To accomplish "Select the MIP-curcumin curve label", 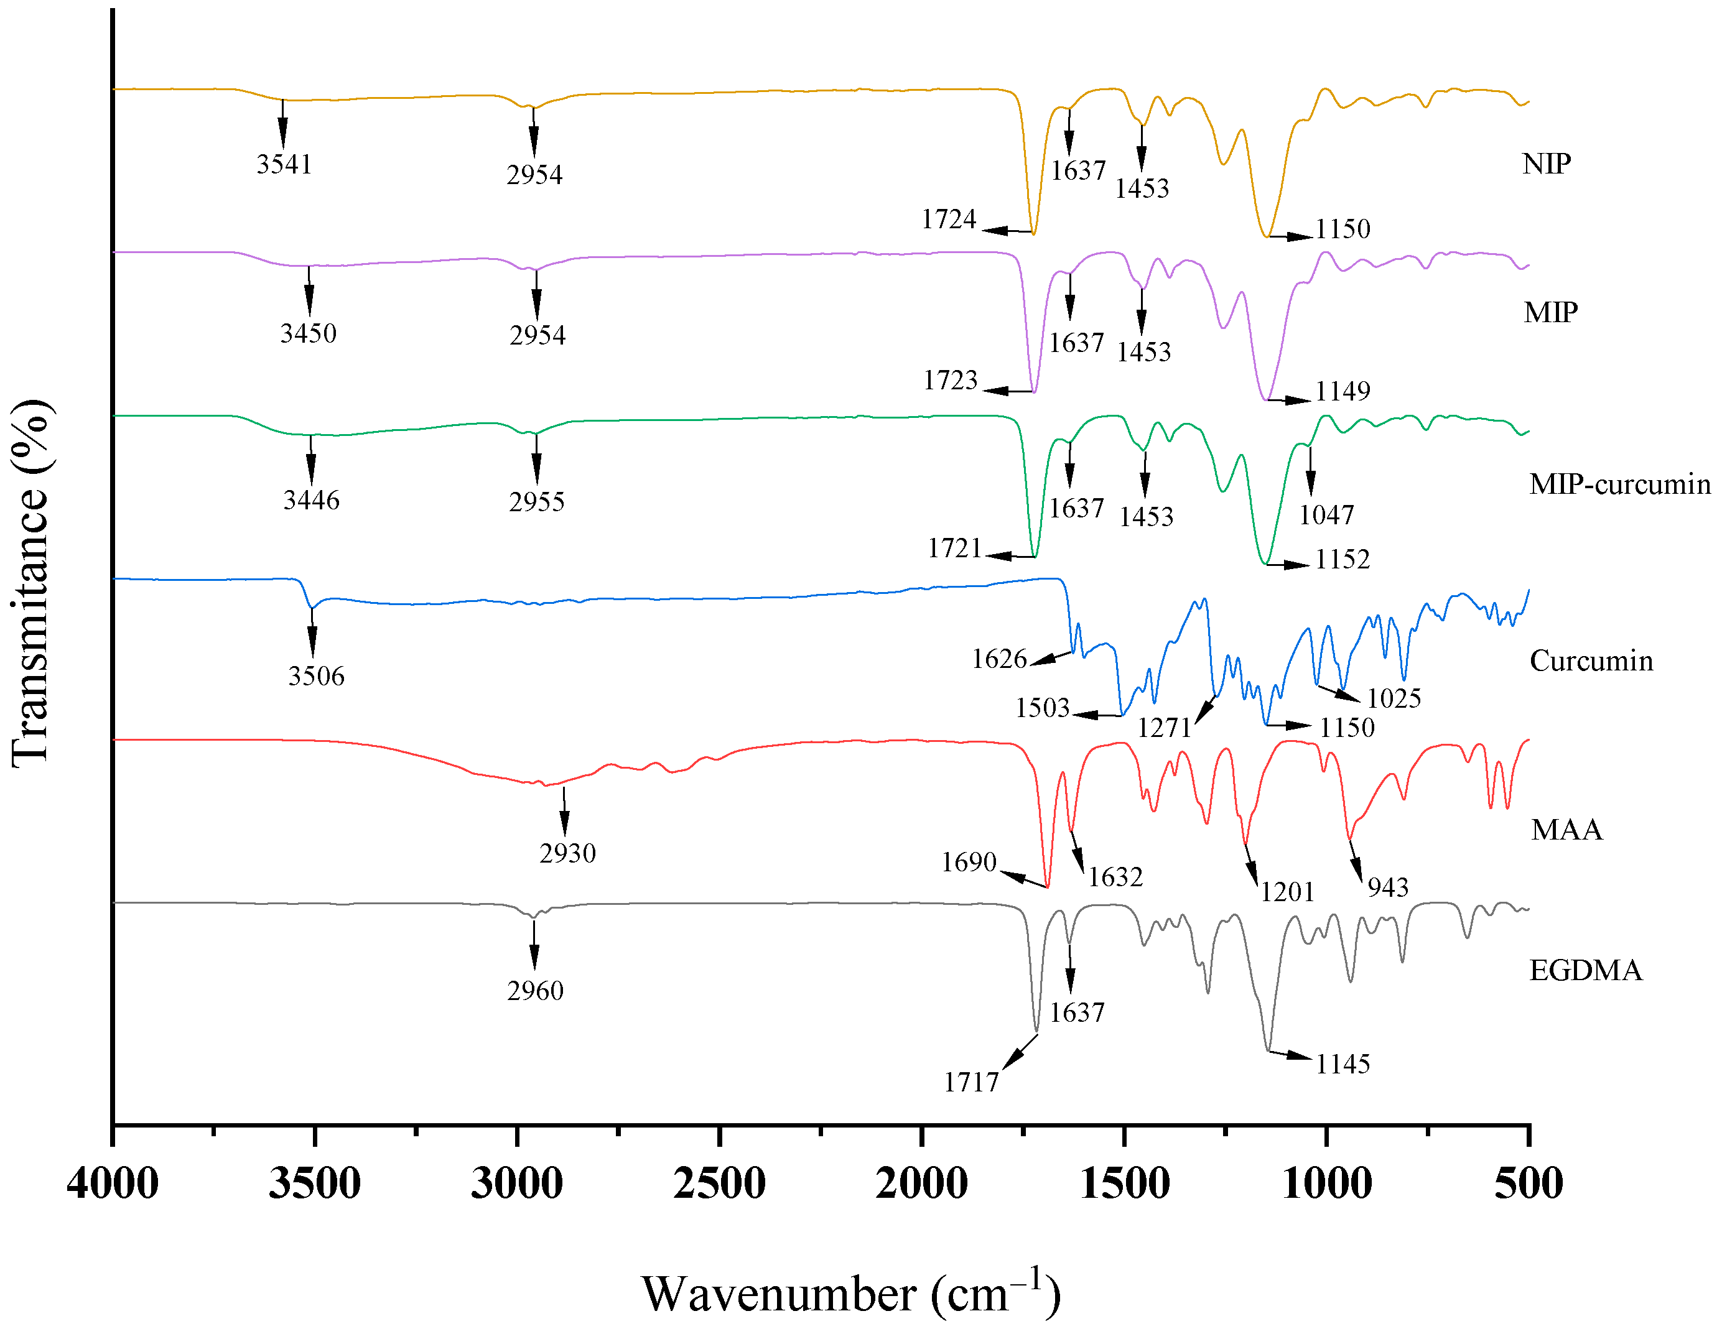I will coord(1619,483).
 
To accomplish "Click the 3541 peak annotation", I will coord(284,164).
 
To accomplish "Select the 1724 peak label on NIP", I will coord(949,218).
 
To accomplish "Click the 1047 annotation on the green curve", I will coord(1326,515).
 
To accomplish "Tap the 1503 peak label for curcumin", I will coord(1041,707).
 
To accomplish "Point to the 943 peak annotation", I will coord(1388,887).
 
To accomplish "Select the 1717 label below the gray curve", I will coord(970,1082).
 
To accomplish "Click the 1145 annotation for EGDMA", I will coord(1342,1063).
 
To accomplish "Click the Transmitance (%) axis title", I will coord(32,582).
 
